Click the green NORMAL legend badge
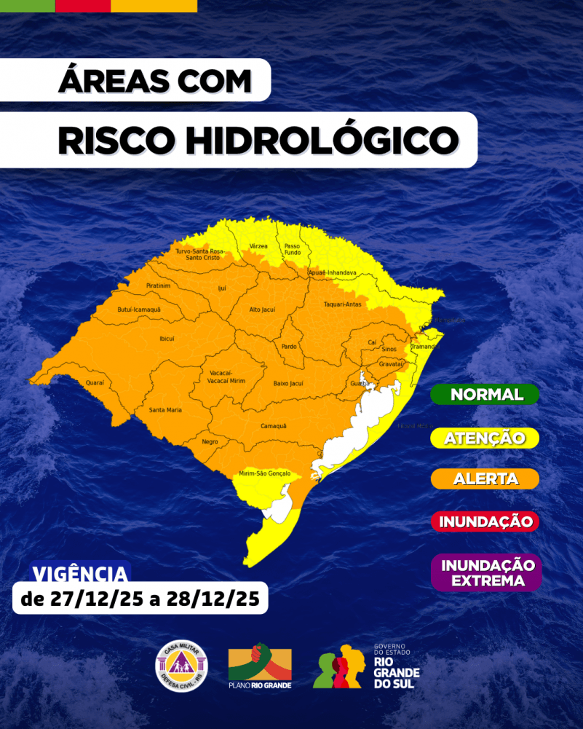(485, 395)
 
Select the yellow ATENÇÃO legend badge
(485, 438)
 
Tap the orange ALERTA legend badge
(485, 479)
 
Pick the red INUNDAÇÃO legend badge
(485, 521)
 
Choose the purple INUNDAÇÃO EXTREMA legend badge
(487, 572)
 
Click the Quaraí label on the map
(95, 382)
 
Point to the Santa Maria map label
(165, 410)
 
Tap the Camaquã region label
(274, 425)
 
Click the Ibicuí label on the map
(167, 338)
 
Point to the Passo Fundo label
(292, 249)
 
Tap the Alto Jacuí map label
(262, 310)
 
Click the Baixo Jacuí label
(287, 382)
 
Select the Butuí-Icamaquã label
(139, 310)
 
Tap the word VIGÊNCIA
(81, 573)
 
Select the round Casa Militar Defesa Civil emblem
(181, 666)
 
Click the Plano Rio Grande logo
(260, 666)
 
